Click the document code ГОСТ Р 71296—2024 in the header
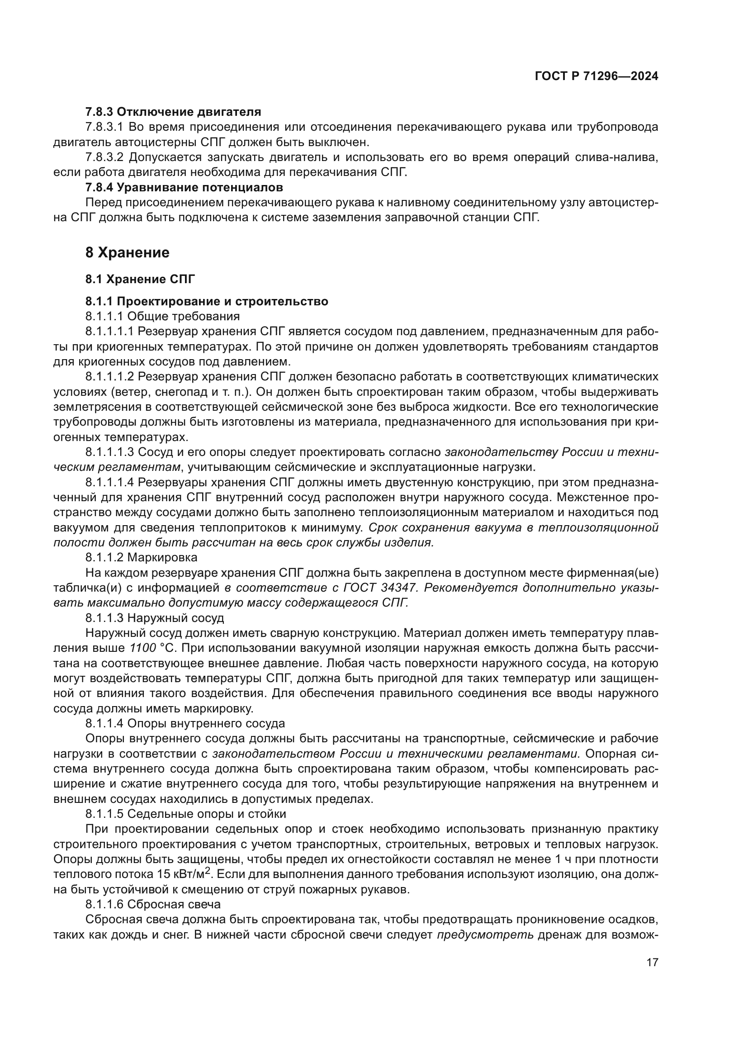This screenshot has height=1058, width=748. [x=596, y=76]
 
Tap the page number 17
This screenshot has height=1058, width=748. [x=652, y=962]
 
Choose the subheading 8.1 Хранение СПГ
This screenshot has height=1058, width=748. [x=140, y=279]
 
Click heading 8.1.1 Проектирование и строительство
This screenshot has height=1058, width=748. [x=206, y=301]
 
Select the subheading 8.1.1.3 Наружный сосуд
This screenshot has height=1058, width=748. [x=154, y=617]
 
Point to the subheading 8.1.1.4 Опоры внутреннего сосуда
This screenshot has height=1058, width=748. [x=185, y=723]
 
